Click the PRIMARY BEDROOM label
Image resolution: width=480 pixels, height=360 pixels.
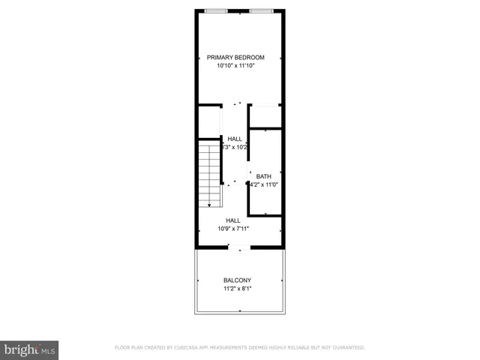pos(235,58)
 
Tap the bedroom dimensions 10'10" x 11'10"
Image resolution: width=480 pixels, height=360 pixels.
pos(235,66)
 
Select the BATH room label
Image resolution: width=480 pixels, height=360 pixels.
pos(263,176)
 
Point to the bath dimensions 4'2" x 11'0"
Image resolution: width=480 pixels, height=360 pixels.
pos(264,184)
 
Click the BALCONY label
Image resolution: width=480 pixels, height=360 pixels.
pos(237,280)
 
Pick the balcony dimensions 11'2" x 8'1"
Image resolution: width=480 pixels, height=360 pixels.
pos(237,289)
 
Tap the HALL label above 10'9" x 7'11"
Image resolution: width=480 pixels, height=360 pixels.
pos(232,220)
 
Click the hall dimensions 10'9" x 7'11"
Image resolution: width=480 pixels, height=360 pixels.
pos(232,229)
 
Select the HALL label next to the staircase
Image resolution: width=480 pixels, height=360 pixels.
pos(235,139)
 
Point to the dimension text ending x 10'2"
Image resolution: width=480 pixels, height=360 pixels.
pos(235,148)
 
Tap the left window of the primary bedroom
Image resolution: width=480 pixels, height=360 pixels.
pos(217,10)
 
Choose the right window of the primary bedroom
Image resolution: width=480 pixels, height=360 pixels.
pos(262,10)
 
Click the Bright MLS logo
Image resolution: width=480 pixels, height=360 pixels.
pos(29,349)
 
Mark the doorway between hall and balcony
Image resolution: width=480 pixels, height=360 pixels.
pos(239,248)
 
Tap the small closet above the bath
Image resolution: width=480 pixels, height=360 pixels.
pos(265,116)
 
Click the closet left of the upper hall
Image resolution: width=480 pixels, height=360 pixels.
pos(209,121)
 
